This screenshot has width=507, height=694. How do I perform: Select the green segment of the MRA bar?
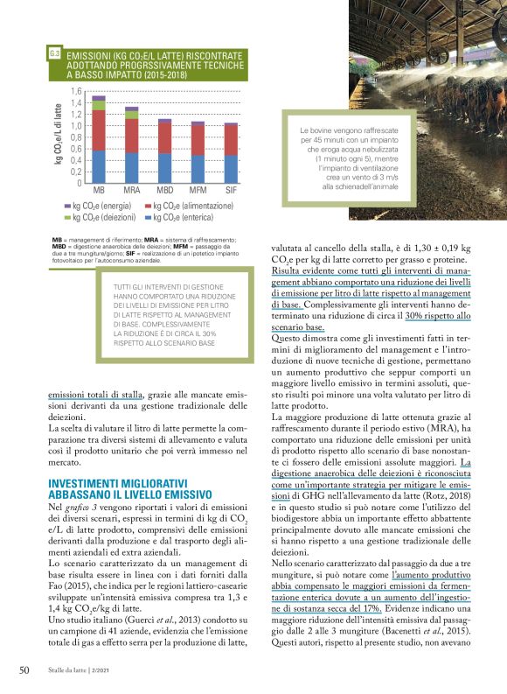[132, 115]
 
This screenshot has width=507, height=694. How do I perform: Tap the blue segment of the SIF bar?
[231, 169]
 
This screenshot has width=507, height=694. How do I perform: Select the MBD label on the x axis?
[164, 190]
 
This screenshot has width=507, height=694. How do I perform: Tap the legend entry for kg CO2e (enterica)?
[178, 217]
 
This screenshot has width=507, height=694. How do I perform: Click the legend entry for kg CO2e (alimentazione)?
[187, 206]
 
